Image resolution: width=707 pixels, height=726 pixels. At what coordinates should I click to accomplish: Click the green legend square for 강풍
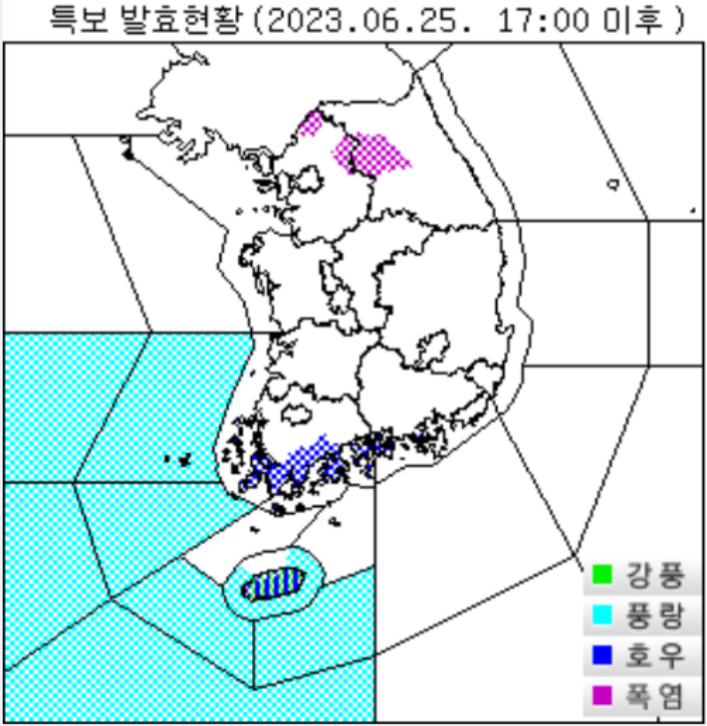[x=601, y=575]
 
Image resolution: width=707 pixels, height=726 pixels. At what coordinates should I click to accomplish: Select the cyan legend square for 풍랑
[x=601, y=616]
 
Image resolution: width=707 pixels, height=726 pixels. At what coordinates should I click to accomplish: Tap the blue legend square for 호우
[x=601, y=657]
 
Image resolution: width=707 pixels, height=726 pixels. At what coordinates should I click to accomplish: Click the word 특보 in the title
[x=77, y=19]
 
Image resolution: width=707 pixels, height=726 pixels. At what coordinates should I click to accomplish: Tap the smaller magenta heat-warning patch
[x=312, y=123]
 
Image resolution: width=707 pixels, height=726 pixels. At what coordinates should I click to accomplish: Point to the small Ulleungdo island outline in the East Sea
[x=613, y=183]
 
